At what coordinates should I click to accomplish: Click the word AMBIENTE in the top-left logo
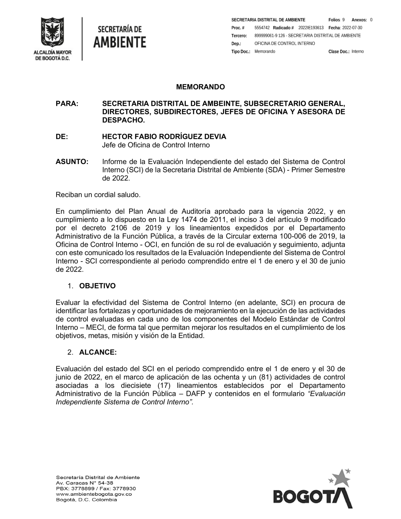click(120, 42)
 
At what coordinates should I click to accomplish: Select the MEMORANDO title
click(200, 87)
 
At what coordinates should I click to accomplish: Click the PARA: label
click(67, 103)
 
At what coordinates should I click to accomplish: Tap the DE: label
click(62, 137)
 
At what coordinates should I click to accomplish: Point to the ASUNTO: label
click(72, 162)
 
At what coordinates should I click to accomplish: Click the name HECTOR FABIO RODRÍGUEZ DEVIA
click(164, 137)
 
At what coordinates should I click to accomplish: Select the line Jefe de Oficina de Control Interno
click(156, 145)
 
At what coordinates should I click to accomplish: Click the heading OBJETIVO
click(97, 286)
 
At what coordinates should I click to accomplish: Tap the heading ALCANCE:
click(98, 353)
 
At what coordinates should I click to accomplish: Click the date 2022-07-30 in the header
click(352, 28)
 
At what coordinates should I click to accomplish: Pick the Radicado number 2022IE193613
click(311, 28)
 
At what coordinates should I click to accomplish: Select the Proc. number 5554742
click(262, 28)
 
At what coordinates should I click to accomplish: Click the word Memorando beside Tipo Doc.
click(265, 52)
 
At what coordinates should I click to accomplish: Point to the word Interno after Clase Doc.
click(358, 52)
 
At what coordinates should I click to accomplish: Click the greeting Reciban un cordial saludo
click(98, 195)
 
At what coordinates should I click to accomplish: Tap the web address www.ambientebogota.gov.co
click(94, 494)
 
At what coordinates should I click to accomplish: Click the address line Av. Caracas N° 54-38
click(85, 483)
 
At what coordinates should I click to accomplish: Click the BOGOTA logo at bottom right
click(312, 491)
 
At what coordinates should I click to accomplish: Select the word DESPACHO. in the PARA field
click(124, 120)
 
